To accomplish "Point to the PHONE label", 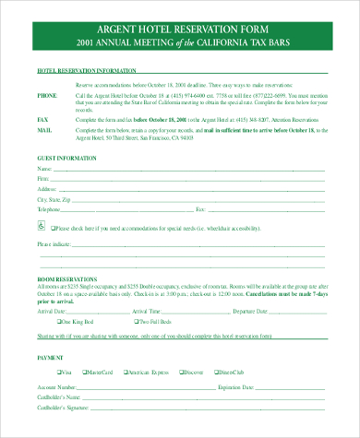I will (47, 95).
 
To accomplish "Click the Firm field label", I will (43, 180).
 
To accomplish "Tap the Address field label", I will (47, 189).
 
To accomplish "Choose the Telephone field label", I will (50, 209).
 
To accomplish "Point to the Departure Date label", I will (253, 312).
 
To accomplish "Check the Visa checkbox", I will (59, 372).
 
